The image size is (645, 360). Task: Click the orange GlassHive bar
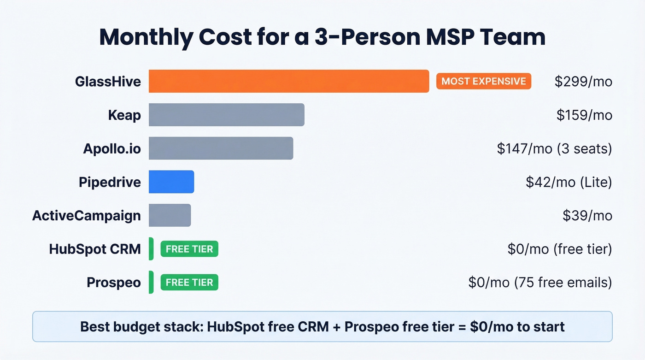click(x=289, y=81)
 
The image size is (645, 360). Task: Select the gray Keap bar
click(x=226, y=115)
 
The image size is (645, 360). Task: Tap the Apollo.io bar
click(x=221, y=148)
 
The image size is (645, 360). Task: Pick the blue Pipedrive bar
click(x=171, y=182)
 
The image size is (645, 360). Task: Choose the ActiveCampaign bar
click(x=170, y=215)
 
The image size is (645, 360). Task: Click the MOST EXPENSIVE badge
click(x=483, y=82)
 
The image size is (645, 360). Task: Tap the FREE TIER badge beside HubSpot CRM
click(x=189, y=249)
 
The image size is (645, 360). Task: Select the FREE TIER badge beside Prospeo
click(x=189, y=283)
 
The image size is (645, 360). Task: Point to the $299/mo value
click(x=583, y=82)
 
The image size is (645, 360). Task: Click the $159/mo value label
click(x=584, y=115)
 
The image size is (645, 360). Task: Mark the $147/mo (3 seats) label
click(x=554, y=148)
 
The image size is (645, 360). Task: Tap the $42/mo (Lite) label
click(x=569, y=182)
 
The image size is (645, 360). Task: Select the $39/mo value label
click(x=587, y=215)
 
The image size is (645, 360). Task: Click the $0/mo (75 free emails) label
click(x=540, y=282)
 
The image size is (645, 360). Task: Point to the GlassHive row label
click(x=108, y=82)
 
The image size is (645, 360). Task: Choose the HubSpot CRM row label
click(x=95, y=249)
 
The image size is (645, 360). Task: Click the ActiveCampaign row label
click(x=87, y=215)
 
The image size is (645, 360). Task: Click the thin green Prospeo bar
click(x=151, y=283)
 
